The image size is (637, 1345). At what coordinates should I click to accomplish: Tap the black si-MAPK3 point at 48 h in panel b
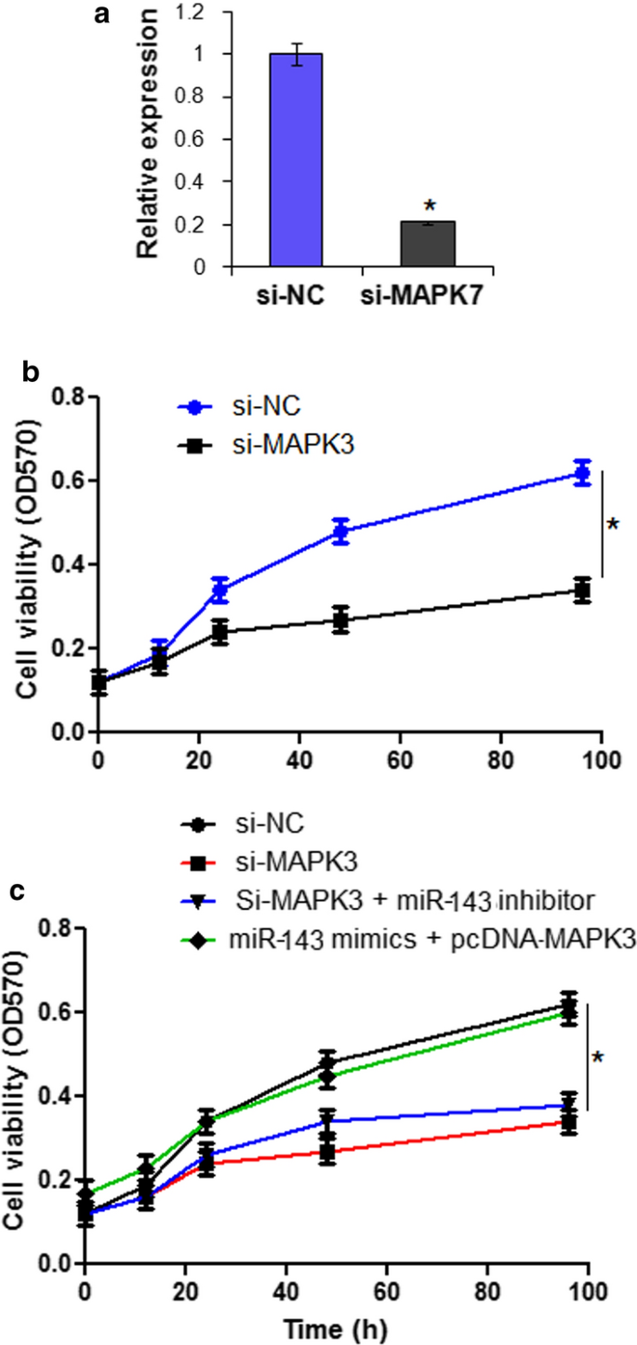[341, 620]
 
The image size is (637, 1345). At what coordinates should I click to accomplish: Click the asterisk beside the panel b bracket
[613, 526]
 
